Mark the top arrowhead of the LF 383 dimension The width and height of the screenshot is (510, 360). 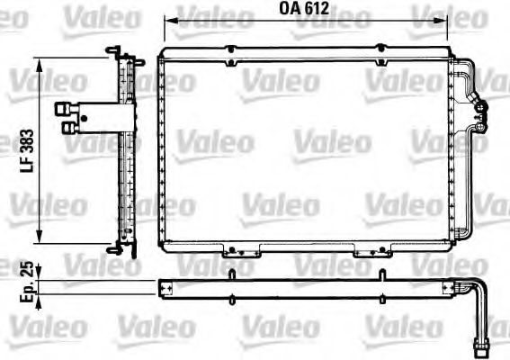tap(39, 60)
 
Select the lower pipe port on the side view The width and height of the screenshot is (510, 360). tap(68, 128)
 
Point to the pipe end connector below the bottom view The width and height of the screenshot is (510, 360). tap(482, 341)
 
